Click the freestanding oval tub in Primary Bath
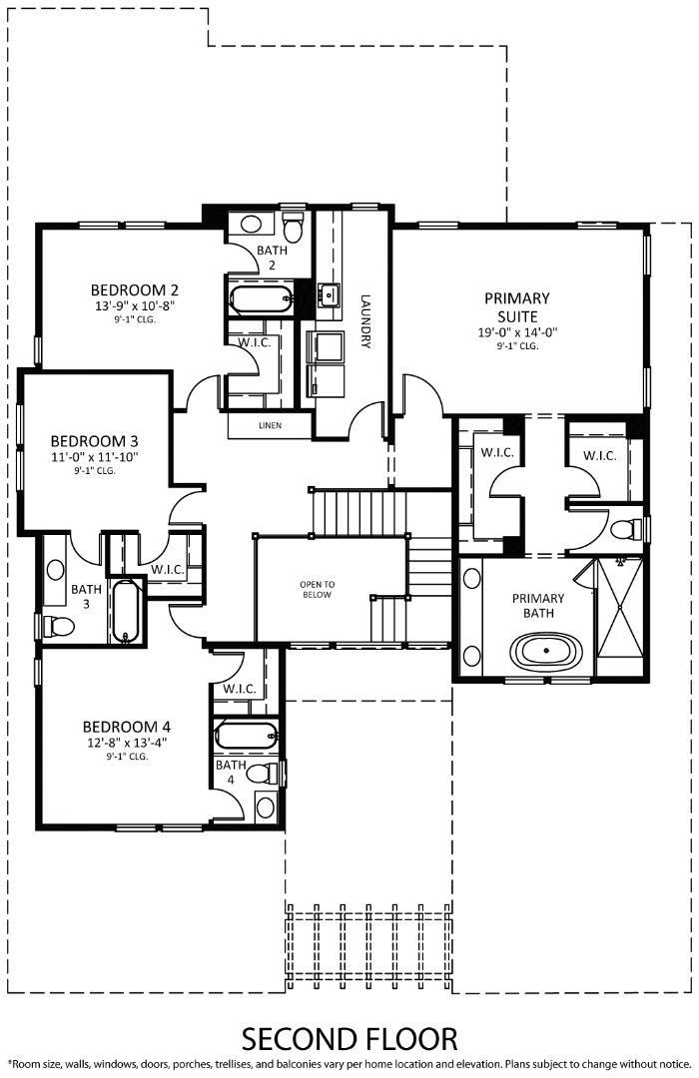click(545, 650)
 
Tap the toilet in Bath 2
click(294, 229)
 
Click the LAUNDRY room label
click(365, 321)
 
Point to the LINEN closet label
click(270, 425)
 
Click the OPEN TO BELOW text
click(318, 590)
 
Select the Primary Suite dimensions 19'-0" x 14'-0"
click(517, 332)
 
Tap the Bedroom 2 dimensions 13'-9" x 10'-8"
click(135, 306)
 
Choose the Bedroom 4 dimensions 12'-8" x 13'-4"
click(127, 743)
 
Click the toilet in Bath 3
click(59, 626)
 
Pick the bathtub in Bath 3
click(126, 612)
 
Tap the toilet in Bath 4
click(262, 773)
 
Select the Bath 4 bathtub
click(247, 735)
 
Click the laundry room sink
click(330, 294)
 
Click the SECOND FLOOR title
click(349, 1039)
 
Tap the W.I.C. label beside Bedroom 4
click(240, 688)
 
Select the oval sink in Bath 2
click(251, 224)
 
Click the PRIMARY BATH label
click(538, 605)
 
